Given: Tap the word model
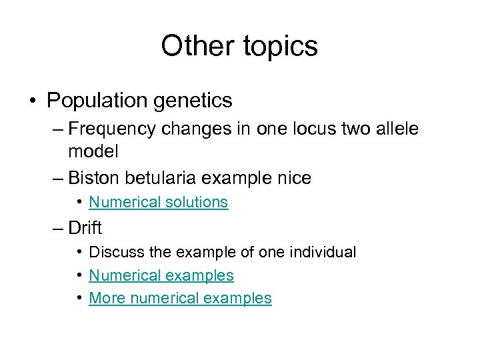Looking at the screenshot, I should pyautogui.click(x=93, y=151).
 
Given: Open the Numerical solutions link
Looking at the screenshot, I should pyautogui.click(x=158, y=202).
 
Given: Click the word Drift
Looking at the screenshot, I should pyautogui.click(x=85, y=228).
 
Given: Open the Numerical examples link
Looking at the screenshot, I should pyautogui.click(x=161, y=275).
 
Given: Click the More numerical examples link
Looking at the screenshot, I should pyautogui.click(x=180, y=298).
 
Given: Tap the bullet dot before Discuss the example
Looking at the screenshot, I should pyautogui.click(x=79, y=252).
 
